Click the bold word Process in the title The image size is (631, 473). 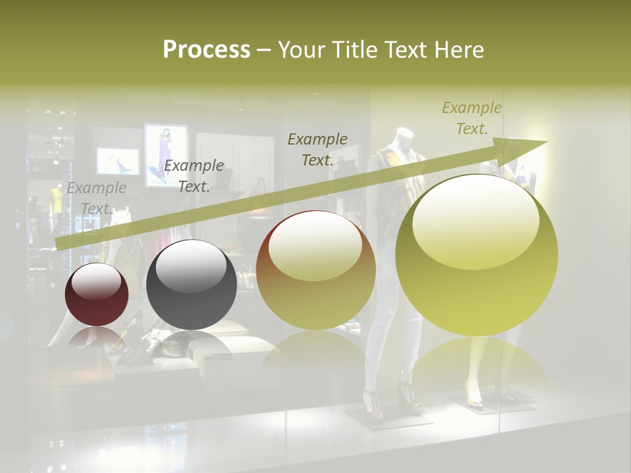[x=206, y=50]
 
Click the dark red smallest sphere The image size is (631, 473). [x=97, y=294]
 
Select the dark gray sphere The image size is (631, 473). [x=191, y=284]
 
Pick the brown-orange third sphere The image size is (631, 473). [x=316, y=270]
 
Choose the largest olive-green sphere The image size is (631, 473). [x=477, y=255]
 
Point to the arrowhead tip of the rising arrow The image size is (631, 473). [x=547, y=141]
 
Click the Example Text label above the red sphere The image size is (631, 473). [x=97, y=198]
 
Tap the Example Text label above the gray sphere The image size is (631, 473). [x=194, y=176]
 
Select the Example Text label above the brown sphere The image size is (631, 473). [x=317, y=149]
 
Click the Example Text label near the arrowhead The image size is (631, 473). [x=472, y=118]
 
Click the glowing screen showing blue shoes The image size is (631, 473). [x=118, y=162]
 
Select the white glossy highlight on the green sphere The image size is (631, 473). [x=475, y=220]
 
